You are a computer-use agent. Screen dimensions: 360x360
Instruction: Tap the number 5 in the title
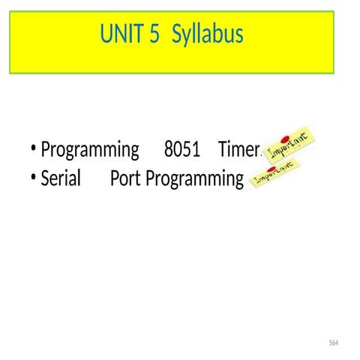click(154, 34)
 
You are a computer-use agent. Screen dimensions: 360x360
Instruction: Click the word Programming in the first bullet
click(90, 151)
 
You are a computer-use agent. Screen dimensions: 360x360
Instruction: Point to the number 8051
click(181, 150)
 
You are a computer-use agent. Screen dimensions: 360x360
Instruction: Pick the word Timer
click(238, 150)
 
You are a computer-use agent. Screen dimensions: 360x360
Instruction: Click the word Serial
click(61, 179)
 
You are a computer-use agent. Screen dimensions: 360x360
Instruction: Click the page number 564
click(334, 343)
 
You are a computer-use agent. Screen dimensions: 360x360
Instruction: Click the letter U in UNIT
click(106, 34)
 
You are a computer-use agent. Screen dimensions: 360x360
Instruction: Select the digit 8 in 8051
click(168, 150)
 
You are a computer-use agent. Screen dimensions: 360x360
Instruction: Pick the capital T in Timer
click(223, 150)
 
